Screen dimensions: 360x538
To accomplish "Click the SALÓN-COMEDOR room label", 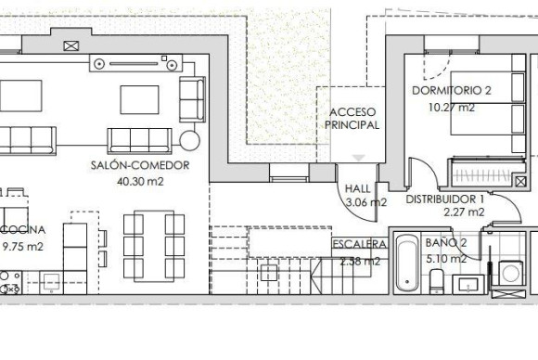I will (140, 165).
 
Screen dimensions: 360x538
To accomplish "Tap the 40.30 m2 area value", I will (140, 182).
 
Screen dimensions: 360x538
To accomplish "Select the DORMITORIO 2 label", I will (451, 91).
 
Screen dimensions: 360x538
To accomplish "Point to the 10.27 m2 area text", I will (451, 107).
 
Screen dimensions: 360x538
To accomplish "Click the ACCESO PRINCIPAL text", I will (353, 118).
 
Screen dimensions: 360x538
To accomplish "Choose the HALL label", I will (357, 186).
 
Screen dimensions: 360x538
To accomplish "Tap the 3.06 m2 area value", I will (365, 201).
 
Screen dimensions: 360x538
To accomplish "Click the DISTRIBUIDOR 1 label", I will (445, 199).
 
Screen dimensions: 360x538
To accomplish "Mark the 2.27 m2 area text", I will (463, 212).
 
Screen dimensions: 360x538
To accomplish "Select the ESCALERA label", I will (359, 244).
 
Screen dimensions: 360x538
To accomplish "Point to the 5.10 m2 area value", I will (445, 259).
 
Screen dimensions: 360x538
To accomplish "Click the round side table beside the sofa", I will (190, 140).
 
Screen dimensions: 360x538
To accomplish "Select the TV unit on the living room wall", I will (134, 62).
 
